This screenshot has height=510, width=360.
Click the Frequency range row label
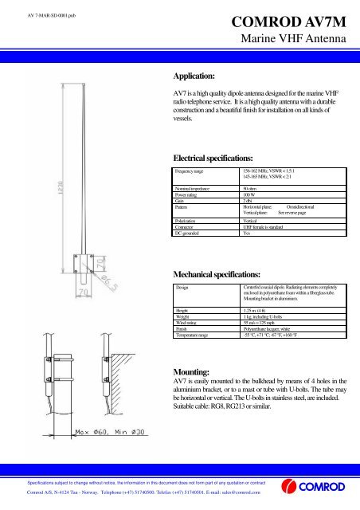pyautogui.click(x=194, y=171)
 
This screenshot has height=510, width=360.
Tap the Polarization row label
pyautogui.click(x=190, y=220)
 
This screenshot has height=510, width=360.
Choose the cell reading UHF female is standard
pyautogui.click(x=270, y=226)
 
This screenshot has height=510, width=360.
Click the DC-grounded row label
pyautogui.click(x=192, y=232)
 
